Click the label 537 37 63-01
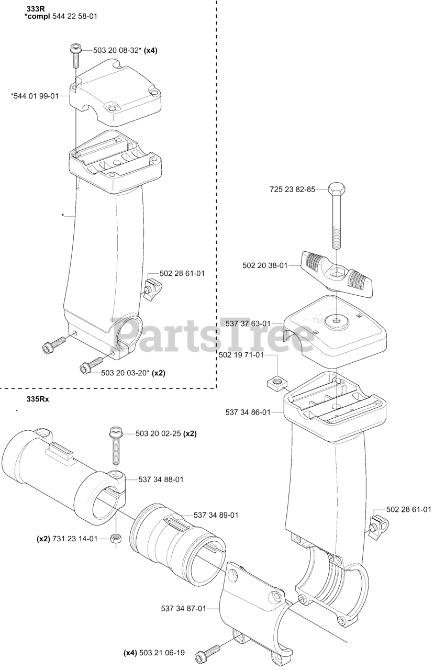248,324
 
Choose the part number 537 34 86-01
248,412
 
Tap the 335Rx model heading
37,399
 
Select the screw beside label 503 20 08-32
74,54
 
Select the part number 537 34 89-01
216,515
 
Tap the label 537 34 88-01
161,479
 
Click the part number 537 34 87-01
183,608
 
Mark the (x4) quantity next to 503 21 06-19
130,653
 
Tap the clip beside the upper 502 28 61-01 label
151,286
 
